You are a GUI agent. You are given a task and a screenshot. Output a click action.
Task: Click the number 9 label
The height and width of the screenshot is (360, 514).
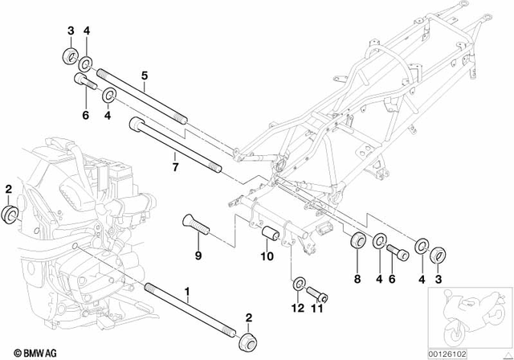point(197,256)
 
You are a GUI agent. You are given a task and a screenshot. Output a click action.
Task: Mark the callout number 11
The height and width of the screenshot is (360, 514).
point(316,308)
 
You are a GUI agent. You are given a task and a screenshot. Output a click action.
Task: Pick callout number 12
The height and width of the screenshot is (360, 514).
point(296,308)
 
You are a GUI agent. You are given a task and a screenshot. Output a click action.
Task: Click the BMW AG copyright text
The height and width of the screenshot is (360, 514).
point(29,350)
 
